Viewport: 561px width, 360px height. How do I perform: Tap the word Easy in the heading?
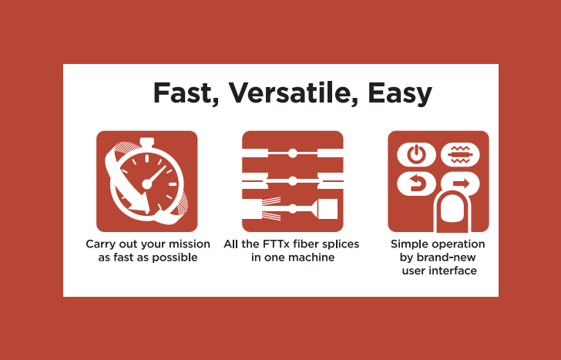point(400,94)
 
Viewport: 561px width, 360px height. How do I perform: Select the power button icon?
point(416,155)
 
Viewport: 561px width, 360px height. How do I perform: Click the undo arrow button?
point(416,183)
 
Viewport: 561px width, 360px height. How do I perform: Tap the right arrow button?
point(461,183)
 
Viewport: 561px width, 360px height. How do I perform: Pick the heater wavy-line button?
point(461,155)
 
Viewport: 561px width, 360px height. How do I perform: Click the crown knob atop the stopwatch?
point(146,143)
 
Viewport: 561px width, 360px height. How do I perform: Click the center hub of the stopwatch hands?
point(147,184)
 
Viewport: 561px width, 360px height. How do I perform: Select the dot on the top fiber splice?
point(293,153)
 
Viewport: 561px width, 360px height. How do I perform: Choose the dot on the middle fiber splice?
point(293,181)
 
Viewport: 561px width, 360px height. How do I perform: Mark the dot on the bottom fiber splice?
point(293,209)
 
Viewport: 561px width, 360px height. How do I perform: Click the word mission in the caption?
point(190,244)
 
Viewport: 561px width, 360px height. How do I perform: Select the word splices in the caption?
point(341,245)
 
